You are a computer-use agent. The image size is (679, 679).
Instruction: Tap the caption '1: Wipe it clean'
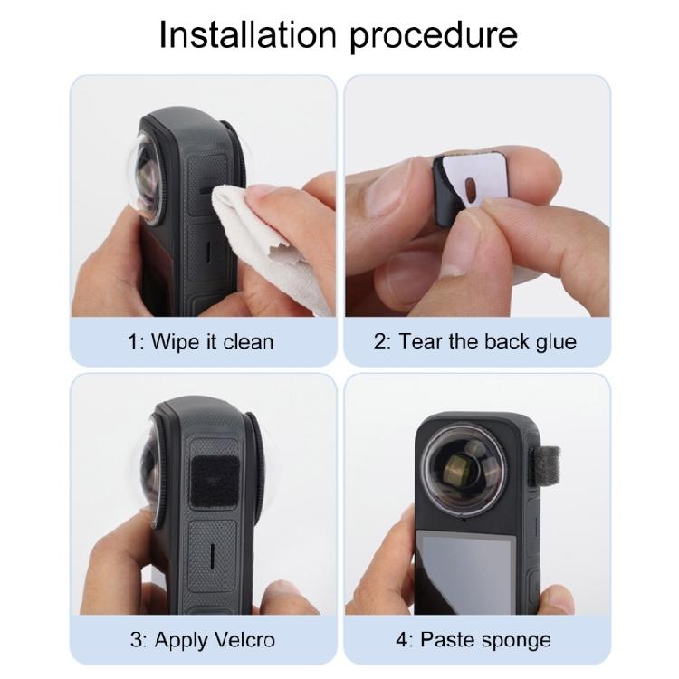(x=201, y=342)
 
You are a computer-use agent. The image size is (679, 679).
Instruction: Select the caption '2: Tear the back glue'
(x=476, y=342)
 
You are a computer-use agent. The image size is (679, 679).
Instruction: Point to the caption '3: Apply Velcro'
(x=201, y=640)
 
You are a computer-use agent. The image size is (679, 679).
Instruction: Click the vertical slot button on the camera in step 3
(x=207, y=553)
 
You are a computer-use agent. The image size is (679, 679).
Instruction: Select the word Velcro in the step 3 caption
(x=241, y=640)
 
